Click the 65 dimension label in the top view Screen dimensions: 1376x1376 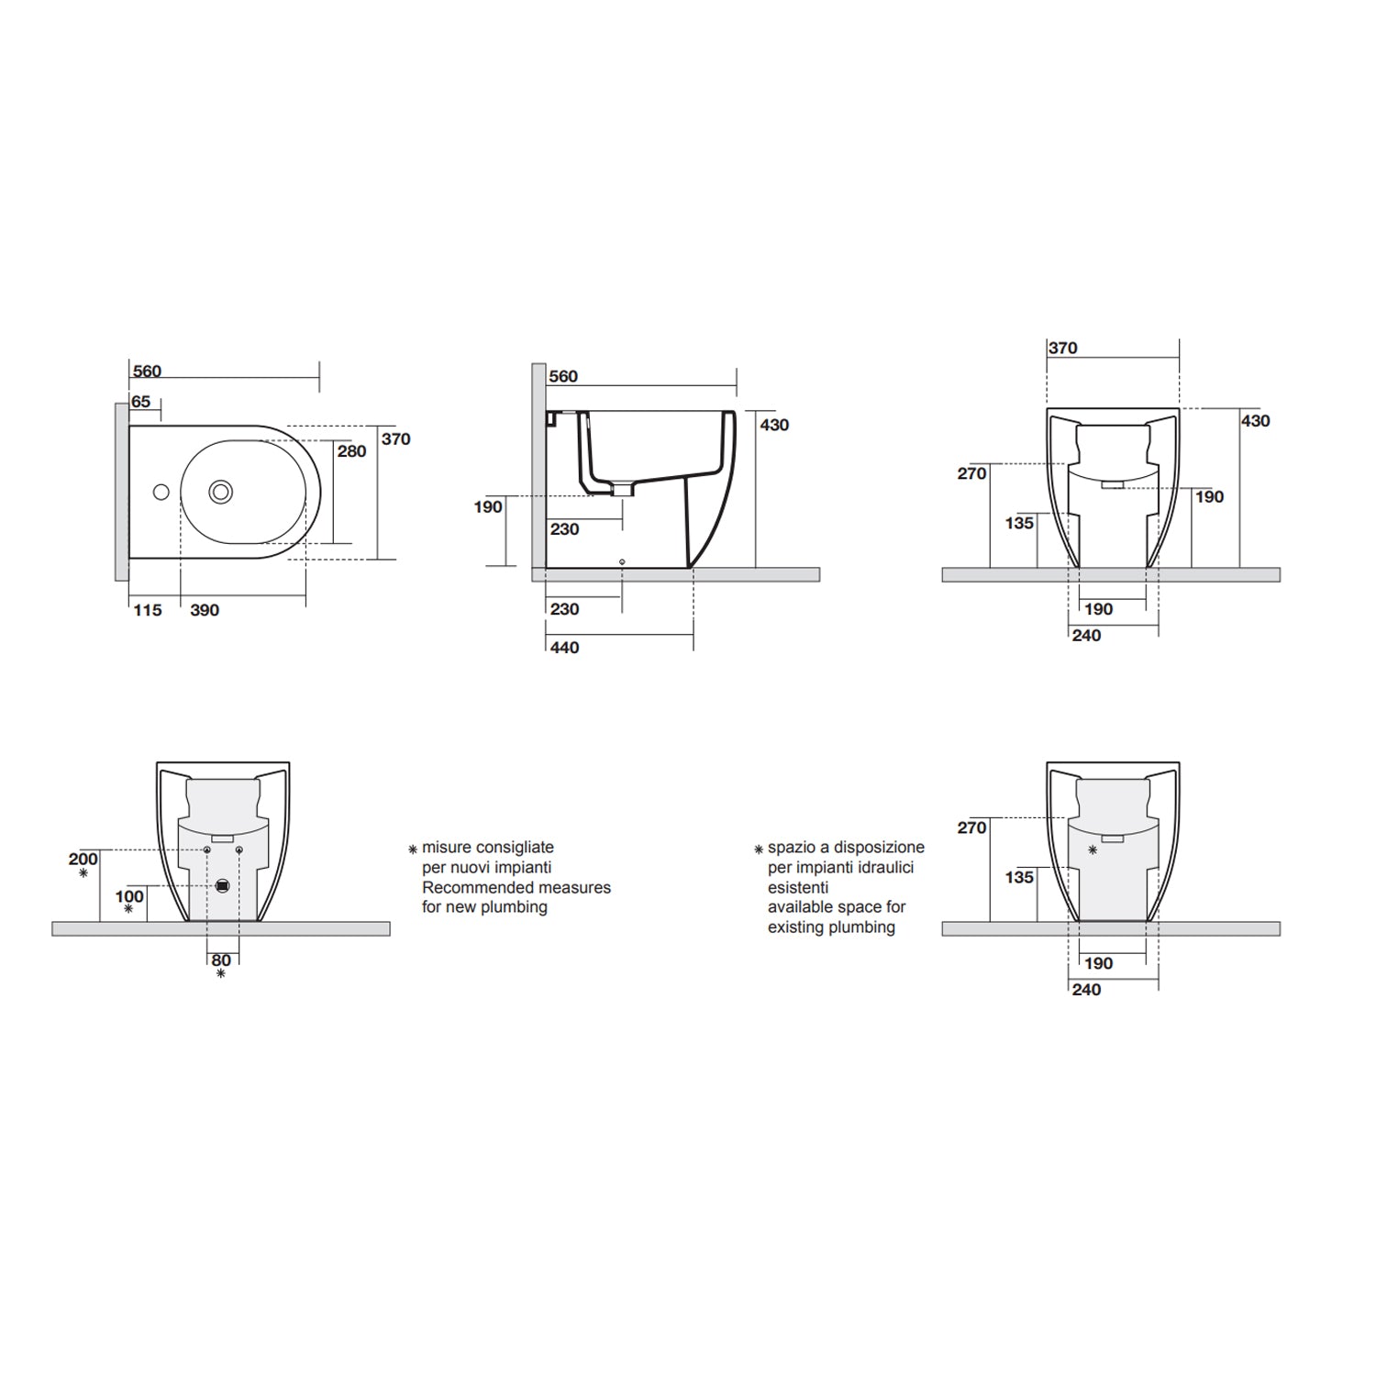pyautogui.click(x=140, y=402)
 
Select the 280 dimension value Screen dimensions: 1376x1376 pyautogui.click(x=351, y=450)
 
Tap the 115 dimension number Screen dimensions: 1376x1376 pyautogui.click(x=147, y=610)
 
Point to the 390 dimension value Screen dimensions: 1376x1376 pyautogui.click(x=204, y=610)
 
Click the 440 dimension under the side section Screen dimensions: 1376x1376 pyautogui.click(x=564, y=648)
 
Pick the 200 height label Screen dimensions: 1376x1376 pyautogui.click(x=83, y=860)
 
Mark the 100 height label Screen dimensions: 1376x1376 pyautogui.click(x=129, y=896)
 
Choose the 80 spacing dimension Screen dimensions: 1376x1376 pyautogui.click(x=221, y=960)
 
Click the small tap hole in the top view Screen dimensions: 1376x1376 pyautogui.click(x=161, y=493)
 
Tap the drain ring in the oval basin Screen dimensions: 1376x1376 pyautogui.click(x=220, y=492)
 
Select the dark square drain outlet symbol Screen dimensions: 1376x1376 pyautogui.click(x=222, y=887)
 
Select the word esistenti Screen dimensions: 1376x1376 pyautogui.click(x=798, y=887)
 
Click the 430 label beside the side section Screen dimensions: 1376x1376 pyautogui.click(x=774, y=425)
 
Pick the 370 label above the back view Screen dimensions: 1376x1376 pyautogui.click(x=1062, y=349)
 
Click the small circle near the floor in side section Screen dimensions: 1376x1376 pyautogui.click(x=622, y=561)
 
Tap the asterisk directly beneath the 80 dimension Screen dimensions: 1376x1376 pyautogui.click(x=221, y=974)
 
